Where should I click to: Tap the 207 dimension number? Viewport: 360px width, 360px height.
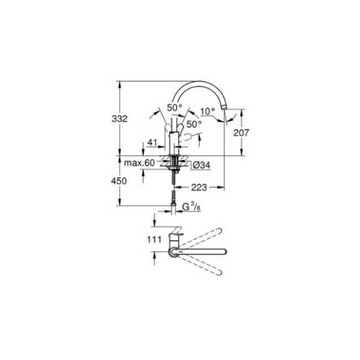click(x=240, y=133)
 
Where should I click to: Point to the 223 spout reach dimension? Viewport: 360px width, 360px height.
click(x=198, y=188)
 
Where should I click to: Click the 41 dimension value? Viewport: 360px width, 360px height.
click(x=153, y=142)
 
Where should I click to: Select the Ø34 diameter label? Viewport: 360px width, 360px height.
click(x=201, y=165)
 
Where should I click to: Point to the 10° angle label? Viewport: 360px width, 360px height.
click(x=207, y=111)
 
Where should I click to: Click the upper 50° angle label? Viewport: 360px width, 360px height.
click(x=174, y=108)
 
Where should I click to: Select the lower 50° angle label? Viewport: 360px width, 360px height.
click(x=193, y=123)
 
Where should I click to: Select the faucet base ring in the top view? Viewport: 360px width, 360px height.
click(x=173, y=251)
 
